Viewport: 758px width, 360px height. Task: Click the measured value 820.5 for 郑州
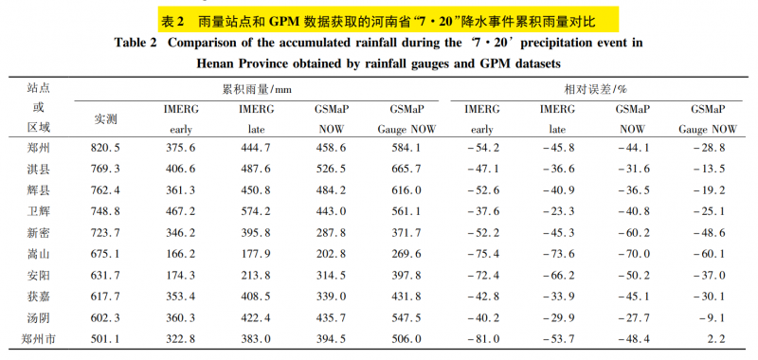pyautogui.click(x=105, y=149)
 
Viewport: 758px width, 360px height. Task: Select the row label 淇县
pyautogui.click(x=39, y=170)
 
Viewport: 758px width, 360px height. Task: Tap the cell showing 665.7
pyautogui.click(x=406, y=170)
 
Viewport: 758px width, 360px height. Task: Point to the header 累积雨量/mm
pyautogui.click(x=257, y=89)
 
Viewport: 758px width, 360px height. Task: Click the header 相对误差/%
pyautogui.click(x=596, y=89)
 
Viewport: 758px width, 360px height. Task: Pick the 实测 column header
pyautogui.click(x=105, y=119)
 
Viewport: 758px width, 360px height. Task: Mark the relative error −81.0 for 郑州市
pyautogui.click(x=482, y=339)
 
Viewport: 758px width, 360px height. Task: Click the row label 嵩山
pyautogui.click(x=39, y=254)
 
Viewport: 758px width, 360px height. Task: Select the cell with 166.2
pyautogui.click(x=181, y=254)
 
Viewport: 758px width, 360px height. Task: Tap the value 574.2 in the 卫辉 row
pyautogui.click(x=256, y=211)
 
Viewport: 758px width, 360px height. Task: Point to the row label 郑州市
pyautogui.click(x=39, y=339)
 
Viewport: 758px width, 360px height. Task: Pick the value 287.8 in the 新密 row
pyautogui.click(x=331, y=233)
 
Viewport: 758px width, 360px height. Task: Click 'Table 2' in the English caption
pyautogui.click(x=135, y=43)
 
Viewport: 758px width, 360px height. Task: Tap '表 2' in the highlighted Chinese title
pyautogui.click(x=172, y=21)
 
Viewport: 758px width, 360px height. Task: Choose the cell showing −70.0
pyautogui.click(x=633, y=254)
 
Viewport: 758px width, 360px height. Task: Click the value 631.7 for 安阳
pyautogui.click(x=105, y=276)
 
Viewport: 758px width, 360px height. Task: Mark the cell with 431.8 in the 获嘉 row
pyautogui.click(x=406, y=297)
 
